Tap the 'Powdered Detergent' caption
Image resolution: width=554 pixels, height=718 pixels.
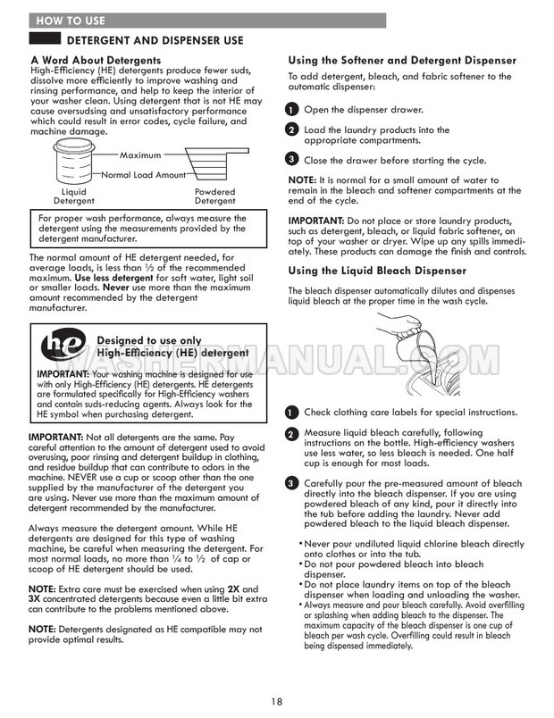(214, 196)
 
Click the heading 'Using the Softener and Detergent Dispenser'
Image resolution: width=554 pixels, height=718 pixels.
(401, 60)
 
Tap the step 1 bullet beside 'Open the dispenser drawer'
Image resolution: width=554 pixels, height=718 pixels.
(291, 109)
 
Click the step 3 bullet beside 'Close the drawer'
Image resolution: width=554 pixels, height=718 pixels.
(291, 160)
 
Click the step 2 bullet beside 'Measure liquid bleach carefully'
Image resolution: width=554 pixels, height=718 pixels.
(291, 434)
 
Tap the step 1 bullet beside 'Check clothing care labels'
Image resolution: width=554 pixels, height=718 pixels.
(291, 413)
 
